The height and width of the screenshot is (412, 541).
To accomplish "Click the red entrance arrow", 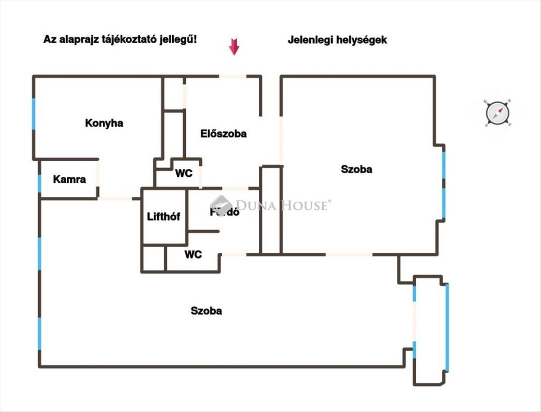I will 234,47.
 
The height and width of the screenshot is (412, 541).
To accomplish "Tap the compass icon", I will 497,113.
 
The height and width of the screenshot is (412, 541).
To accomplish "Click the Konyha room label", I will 104,123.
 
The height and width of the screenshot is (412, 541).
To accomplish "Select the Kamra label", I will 69,179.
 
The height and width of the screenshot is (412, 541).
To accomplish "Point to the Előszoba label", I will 224,134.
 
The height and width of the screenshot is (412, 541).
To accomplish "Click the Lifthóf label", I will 164,217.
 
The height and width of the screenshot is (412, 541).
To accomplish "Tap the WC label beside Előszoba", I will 184,173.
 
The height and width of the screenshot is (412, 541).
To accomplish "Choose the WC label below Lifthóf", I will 193,255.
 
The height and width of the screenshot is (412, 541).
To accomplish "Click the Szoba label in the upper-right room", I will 357,169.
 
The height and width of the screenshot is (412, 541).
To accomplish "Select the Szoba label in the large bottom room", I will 206,310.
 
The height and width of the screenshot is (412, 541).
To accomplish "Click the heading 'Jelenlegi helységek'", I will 337,40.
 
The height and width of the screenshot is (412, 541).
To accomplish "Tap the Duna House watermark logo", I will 221,206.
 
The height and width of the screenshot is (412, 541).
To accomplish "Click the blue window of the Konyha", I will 34,114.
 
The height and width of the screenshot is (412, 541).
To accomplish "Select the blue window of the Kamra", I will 40,184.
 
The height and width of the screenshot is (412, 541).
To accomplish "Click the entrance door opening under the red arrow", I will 233,76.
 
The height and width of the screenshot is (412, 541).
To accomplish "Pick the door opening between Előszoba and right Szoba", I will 281,140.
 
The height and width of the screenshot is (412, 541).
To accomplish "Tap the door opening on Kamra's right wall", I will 98,174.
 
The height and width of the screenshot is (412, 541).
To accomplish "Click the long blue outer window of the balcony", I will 447,327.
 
